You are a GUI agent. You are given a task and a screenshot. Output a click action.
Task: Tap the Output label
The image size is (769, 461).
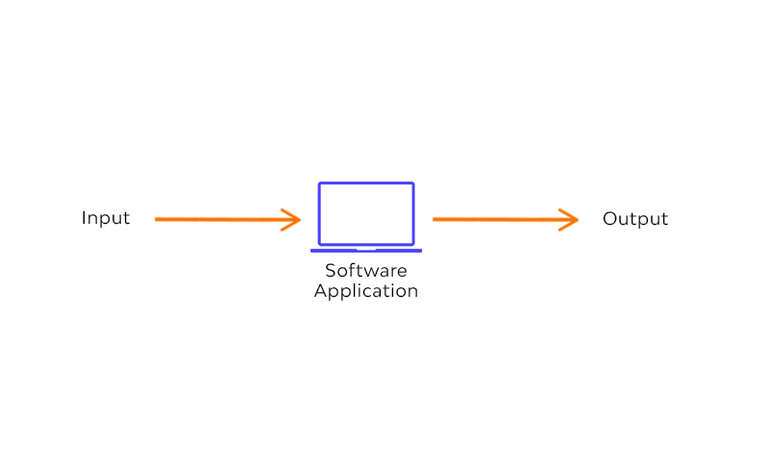pos(635,219)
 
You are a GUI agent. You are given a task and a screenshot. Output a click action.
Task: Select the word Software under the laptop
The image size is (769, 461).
pos(366,271)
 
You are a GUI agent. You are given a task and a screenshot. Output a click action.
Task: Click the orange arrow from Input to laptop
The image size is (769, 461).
pos(228,219)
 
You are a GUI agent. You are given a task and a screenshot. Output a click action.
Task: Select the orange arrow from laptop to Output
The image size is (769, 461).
pos(506,219)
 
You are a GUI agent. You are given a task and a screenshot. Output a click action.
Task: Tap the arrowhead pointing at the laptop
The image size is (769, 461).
pos(292,219)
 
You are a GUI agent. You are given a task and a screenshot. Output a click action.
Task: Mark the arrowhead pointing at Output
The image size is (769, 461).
pos(570,219)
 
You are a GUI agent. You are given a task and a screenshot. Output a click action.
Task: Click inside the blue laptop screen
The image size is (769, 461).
pos(366,213)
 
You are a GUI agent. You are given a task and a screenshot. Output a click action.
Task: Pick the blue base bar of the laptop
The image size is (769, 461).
pos(366,251)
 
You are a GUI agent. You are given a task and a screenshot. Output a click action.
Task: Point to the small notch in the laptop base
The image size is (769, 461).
pos(366,250)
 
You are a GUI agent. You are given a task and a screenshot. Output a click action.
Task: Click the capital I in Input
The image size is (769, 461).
pos(84,217)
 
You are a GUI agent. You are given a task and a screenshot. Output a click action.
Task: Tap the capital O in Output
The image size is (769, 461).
pos(610,219)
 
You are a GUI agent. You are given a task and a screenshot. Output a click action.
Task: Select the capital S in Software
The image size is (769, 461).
pos(330,271)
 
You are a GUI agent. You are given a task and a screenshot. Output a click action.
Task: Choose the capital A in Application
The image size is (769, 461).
pos(321,290)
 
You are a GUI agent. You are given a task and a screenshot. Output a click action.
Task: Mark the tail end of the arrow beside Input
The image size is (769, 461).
pos(156,219)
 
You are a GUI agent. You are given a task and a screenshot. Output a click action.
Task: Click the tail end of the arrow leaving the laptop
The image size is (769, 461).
pos(434,219)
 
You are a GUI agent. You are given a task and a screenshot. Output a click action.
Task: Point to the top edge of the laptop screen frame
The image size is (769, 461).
pos(366,183)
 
